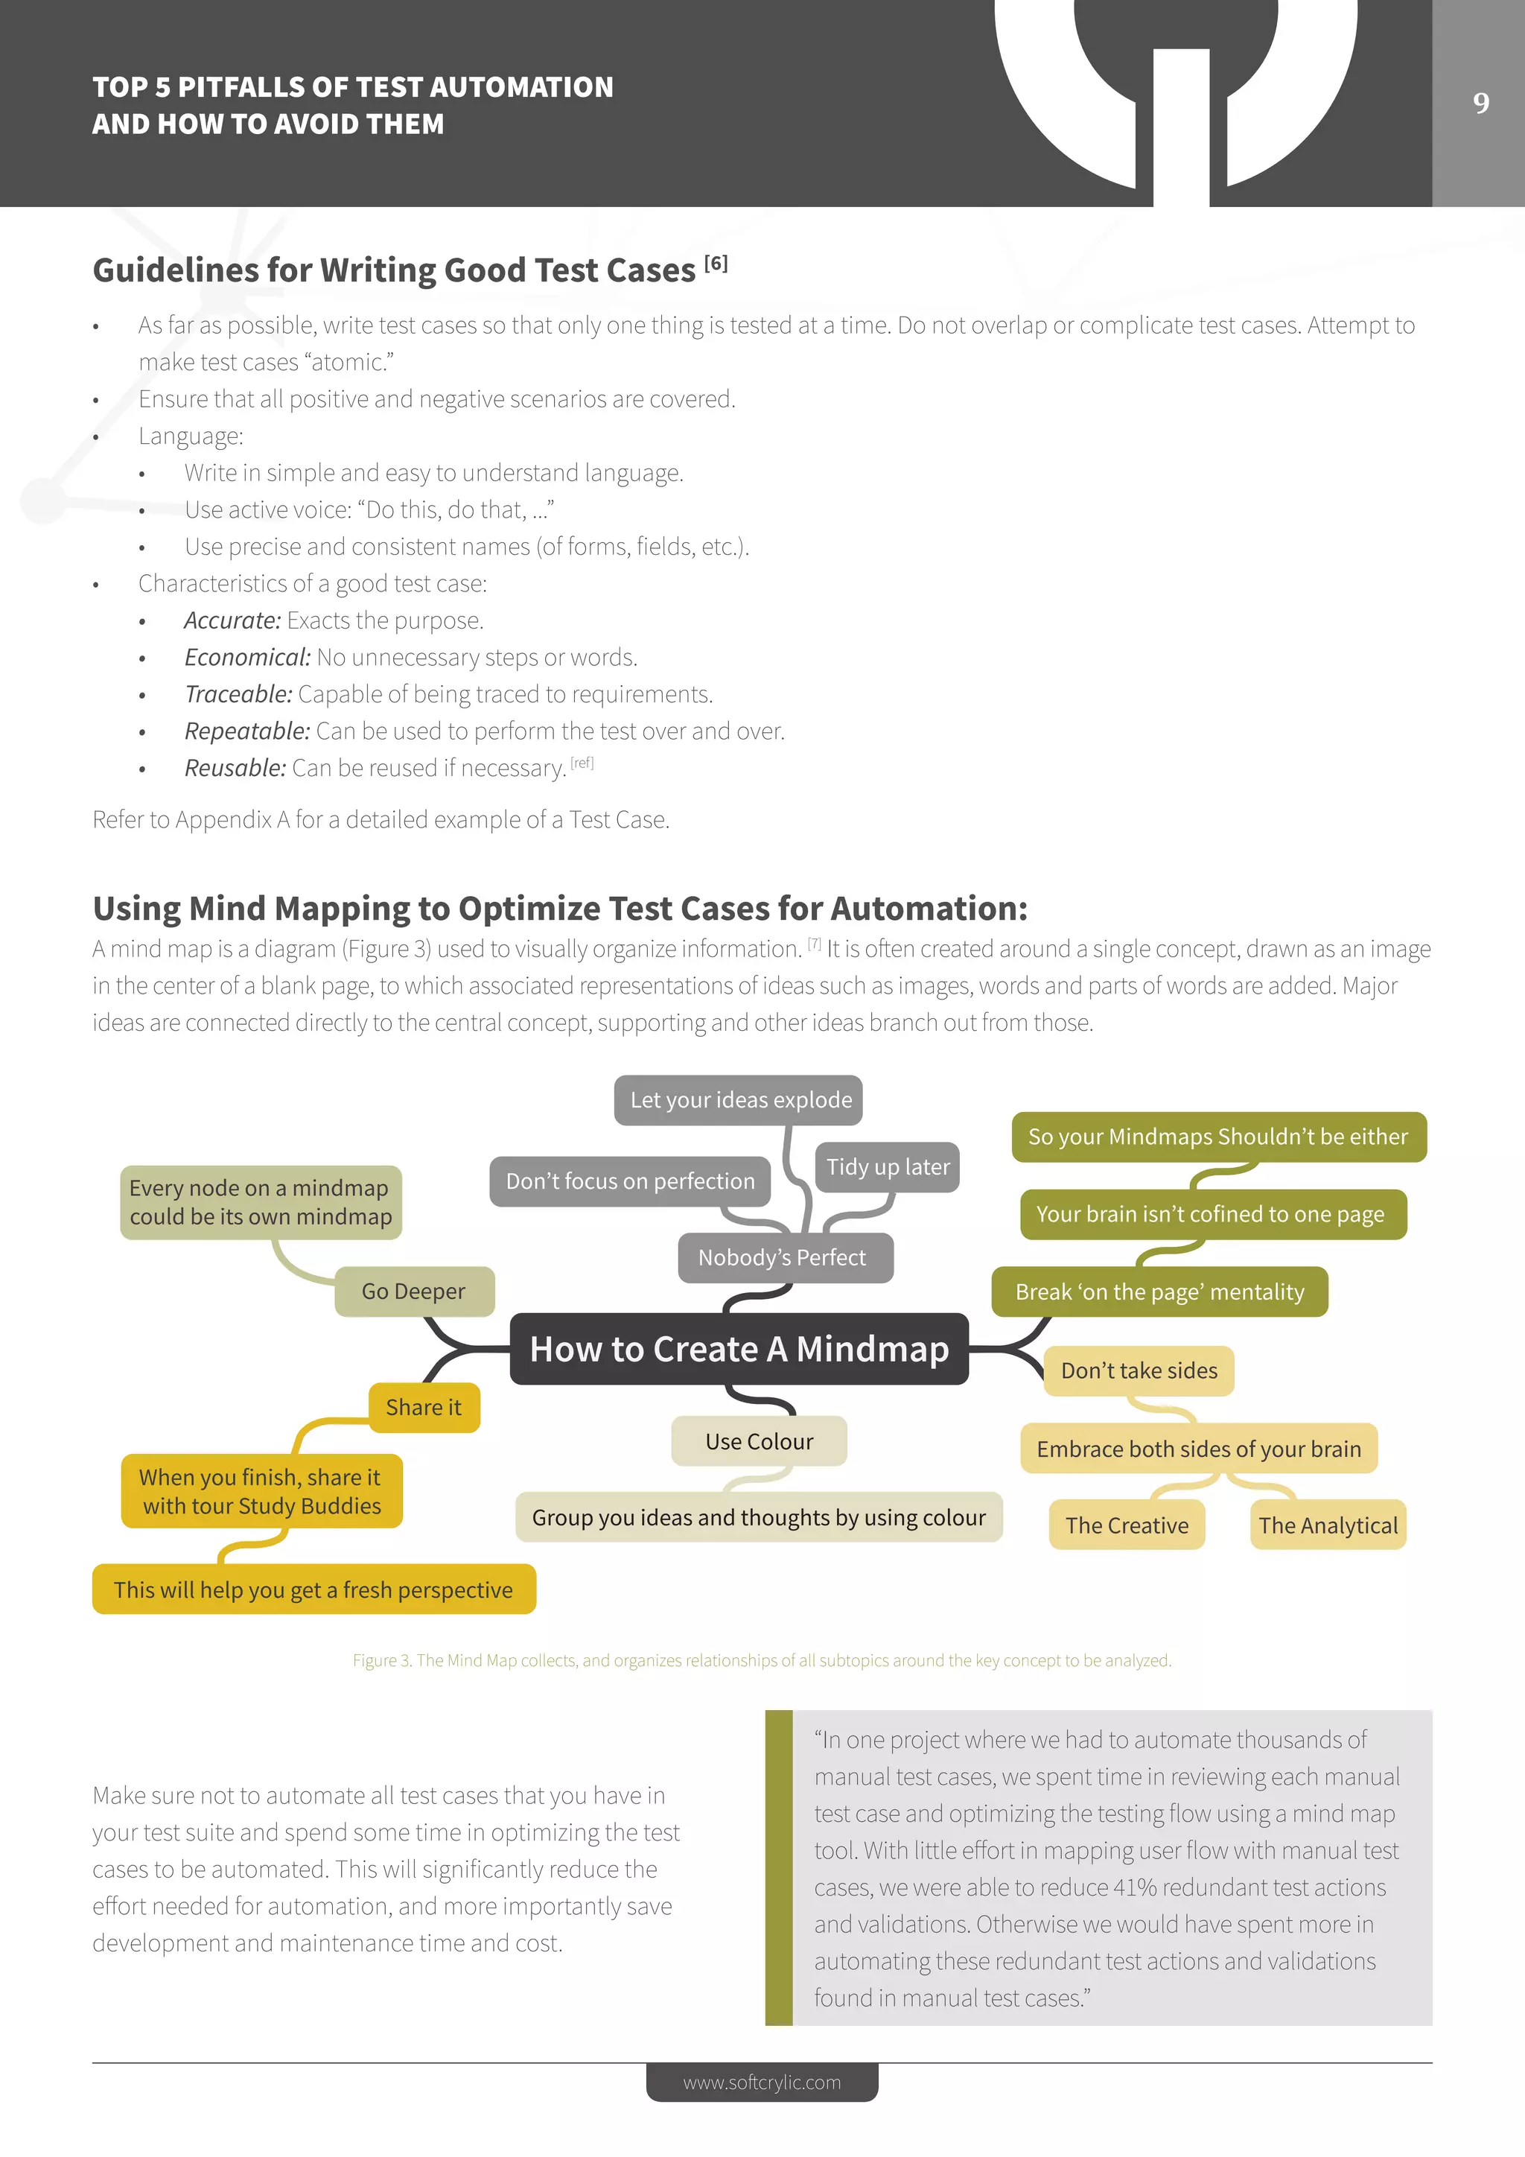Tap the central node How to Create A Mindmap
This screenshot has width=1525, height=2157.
pos(739,1349)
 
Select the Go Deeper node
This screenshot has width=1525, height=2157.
pos(414,1292)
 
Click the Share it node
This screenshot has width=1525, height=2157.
pos(424,1407)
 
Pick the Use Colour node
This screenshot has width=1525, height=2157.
pos(759,1441)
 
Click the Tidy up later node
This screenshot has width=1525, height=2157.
pos(888,1167)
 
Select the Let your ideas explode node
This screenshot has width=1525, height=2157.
pos(740,1100)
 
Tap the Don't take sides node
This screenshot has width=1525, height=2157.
pos(1139,1370)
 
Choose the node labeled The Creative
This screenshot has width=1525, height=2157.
pos(1127,1525)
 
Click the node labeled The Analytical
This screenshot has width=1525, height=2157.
pos(1328,1525)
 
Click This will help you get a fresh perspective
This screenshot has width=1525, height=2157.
pos(313,1589)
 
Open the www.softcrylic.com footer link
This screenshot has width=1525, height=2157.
pos(762,2082)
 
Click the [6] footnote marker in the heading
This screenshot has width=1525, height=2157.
pos(716,263)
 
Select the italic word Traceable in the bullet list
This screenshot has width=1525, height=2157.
pos(238,694)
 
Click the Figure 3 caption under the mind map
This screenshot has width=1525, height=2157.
pos(762,1660)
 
